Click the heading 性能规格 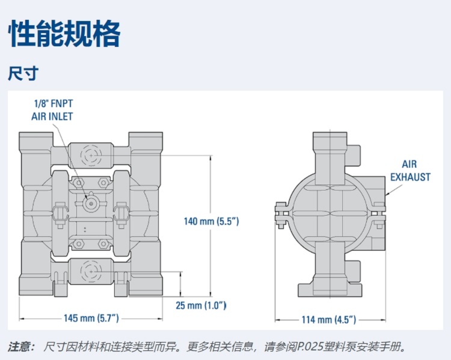pyautogui.click(x=64, y=33)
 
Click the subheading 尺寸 pyautogui.click(x=23, y=73)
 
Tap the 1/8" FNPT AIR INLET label pyautogui.click(x=52, y=110)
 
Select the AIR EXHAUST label pyautogui.click(x=410, y=171)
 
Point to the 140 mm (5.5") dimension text pyautogui.click(x=212, y=221)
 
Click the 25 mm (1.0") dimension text pyautogui.click(x=201, y=305)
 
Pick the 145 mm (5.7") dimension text pyautogui.click(x=91, y=318)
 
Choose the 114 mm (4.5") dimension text pyautogui.click(x=329, y=320)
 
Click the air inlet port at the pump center pyautogui.click(x=91, y=204)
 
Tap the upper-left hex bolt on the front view pyautogui.click(x=78, y=182)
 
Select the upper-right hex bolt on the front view pyautogui.click(x=103, y=182)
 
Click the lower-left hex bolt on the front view pyautogui.click(x=78, y=244)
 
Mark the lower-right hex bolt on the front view pyautogui.click(x=103, y=244)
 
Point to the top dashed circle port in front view pyautogui.click(x=91, y=155)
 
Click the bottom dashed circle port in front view pyautogui.click(x=91, y=272)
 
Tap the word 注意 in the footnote pyautogui.click(x=18, y=347)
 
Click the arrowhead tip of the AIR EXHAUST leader pyautogui.click(x=386, y=195)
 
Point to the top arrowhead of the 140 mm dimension pyautogui.click(x=211, y=156)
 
